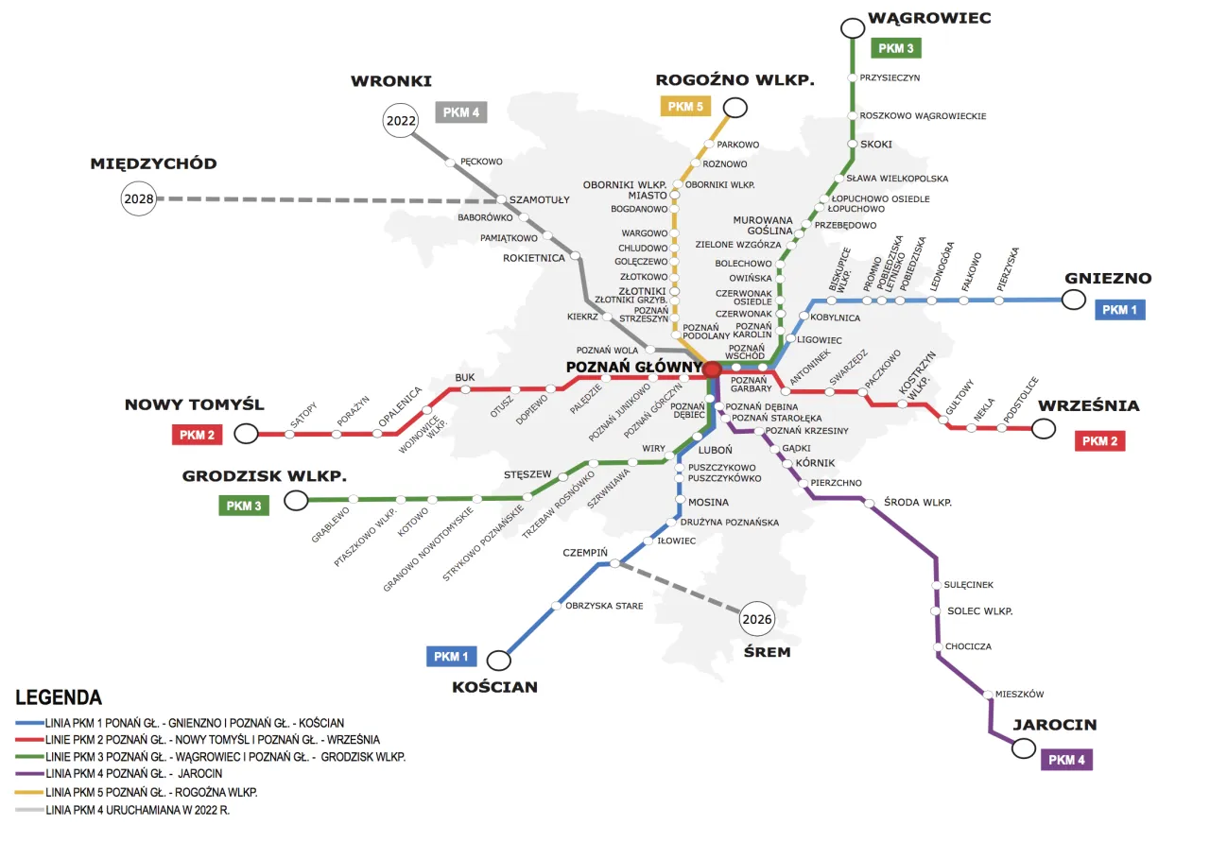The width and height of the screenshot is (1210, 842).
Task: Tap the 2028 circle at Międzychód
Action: (x=138, y=199)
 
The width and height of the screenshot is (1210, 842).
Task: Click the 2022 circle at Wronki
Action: (x=400, y=121)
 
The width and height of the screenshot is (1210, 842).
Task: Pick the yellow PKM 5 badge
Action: (x=685, y=106)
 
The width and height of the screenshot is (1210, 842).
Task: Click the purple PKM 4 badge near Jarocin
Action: (x=1066, y=760)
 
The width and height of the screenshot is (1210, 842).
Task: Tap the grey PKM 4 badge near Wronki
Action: (x=460, y=112)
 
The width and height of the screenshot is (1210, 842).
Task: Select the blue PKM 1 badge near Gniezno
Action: (x=1119, y=309)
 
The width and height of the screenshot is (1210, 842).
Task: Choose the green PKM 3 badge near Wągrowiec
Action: (x=895, y=47)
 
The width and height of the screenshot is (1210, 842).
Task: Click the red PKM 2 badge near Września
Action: (x=1099, y=440)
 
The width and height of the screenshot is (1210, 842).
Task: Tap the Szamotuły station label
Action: (x=540, y=200)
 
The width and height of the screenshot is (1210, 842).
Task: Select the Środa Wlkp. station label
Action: (x=917, y=502)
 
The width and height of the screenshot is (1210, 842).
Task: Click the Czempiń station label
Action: (x=585, y=552)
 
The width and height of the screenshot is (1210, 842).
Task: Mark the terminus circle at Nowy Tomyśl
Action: (x=247, y=434)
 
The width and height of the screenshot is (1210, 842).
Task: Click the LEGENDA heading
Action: (x=59, y=697)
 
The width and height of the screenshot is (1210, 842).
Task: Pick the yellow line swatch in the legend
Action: (x=28, y=792)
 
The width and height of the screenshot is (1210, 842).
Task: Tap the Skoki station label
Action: (x=875, y=145)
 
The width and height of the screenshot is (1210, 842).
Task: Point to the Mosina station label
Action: (x=708, y=502)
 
